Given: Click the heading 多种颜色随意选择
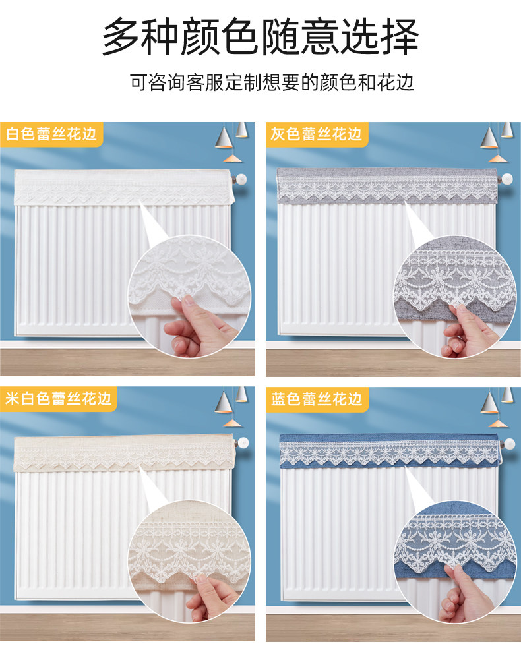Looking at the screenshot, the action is [260, 36].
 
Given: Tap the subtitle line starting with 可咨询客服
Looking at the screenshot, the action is [272, 82].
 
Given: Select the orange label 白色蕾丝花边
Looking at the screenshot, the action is [51, 134].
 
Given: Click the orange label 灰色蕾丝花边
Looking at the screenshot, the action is [316, 134].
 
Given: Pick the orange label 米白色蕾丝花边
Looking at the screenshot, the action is [59, 398].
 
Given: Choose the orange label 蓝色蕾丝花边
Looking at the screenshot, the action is [316, 399].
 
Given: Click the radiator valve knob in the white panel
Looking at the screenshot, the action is [240, 179].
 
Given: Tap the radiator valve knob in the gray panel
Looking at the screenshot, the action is [506, 179].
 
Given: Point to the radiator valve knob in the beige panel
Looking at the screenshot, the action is [243, 443].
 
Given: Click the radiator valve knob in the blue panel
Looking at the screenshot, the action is [509, 444].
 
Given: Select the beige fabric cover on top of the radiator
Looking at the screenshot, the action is [124, 454].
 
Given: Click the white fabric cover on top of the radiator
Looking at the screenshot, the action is [124, 187].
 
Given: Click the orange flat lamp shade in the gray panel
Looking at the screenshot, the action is [498, 159].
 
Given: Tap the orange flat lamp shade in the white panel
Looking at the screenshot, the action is [232, 158].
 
